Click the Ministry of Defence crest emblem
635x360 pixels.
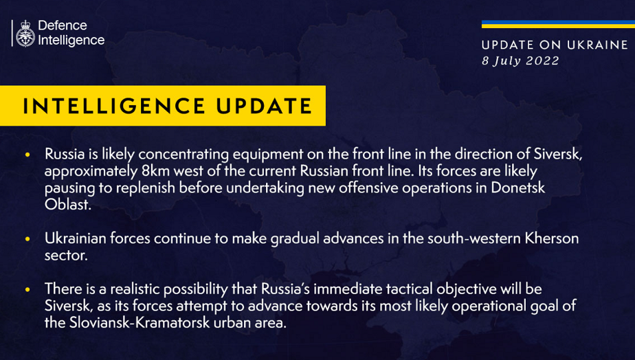tap(25, 33)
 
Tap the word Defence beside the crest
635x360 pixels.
tap(63, 25)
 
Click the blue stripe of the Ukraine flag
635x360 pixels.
tap(558, 22)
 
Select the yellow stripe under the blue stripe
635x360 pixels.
tap(558, 26)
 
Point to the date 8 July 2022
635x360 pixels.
tap(520, 60)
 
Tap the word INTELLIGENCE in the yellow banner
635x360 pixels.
tap(114, 106)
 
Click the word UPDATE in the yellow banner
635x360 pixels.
tap(264, 106)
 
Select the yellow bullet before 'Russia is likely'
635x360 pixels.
tap(27, 155)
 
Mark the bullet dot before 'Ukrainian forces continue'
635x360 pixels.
tap(27, 239)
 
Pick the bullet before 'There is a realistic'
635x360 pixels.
tap(27, 289)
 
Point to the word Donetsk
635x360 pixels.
tap(518, 188)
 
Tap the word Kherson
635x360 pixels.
tap(552, 238)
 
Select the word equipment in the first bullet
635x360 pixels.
tap(268, 155)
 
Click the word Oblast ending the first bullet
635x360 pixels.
tap(67, 205)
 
